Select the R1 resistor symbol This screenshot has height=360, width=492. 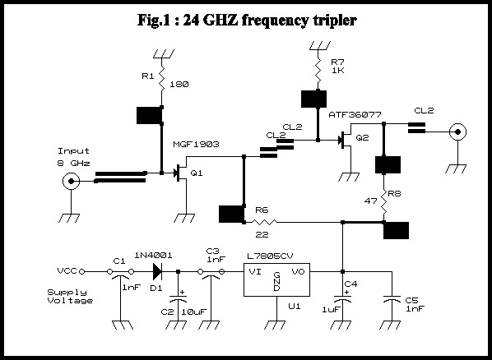pos(162,78)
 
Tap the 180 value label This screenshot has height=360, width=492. pos(179,85)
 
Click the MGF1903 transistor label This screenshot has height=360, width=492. pos(196,145)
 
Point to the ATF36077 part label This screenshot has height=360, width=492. pos(355,115)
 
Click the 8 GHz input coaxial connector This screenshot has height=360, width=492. pos(72,182)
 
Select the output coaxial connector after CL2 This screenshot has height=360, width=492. pos(457,132)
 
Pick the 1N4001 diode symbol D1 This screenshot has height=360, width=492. pos(157,271)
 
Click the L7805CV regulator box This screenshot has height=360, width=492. pos(276,279)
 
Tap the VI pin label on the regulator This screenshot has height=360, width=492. pos(255,271)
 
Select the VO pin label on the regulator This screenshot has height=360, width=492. pos(298,271)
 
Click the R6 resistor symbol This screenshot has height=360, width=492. pos(265,223)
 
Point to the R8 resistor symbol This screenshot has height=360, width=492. pos(384,201)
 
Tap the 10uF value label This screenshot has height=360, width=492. pos(193,312)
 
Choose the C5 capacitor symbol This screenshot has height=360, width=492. pos(392,299)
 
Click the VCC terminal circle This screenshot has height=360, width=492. pos(82,271)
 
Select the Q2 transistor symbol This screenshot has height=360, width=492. pos(346,140)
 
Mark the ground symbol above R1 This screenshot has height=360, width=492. pos(163,53)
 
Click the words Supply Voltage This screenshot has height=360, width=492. pos(70,297)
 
